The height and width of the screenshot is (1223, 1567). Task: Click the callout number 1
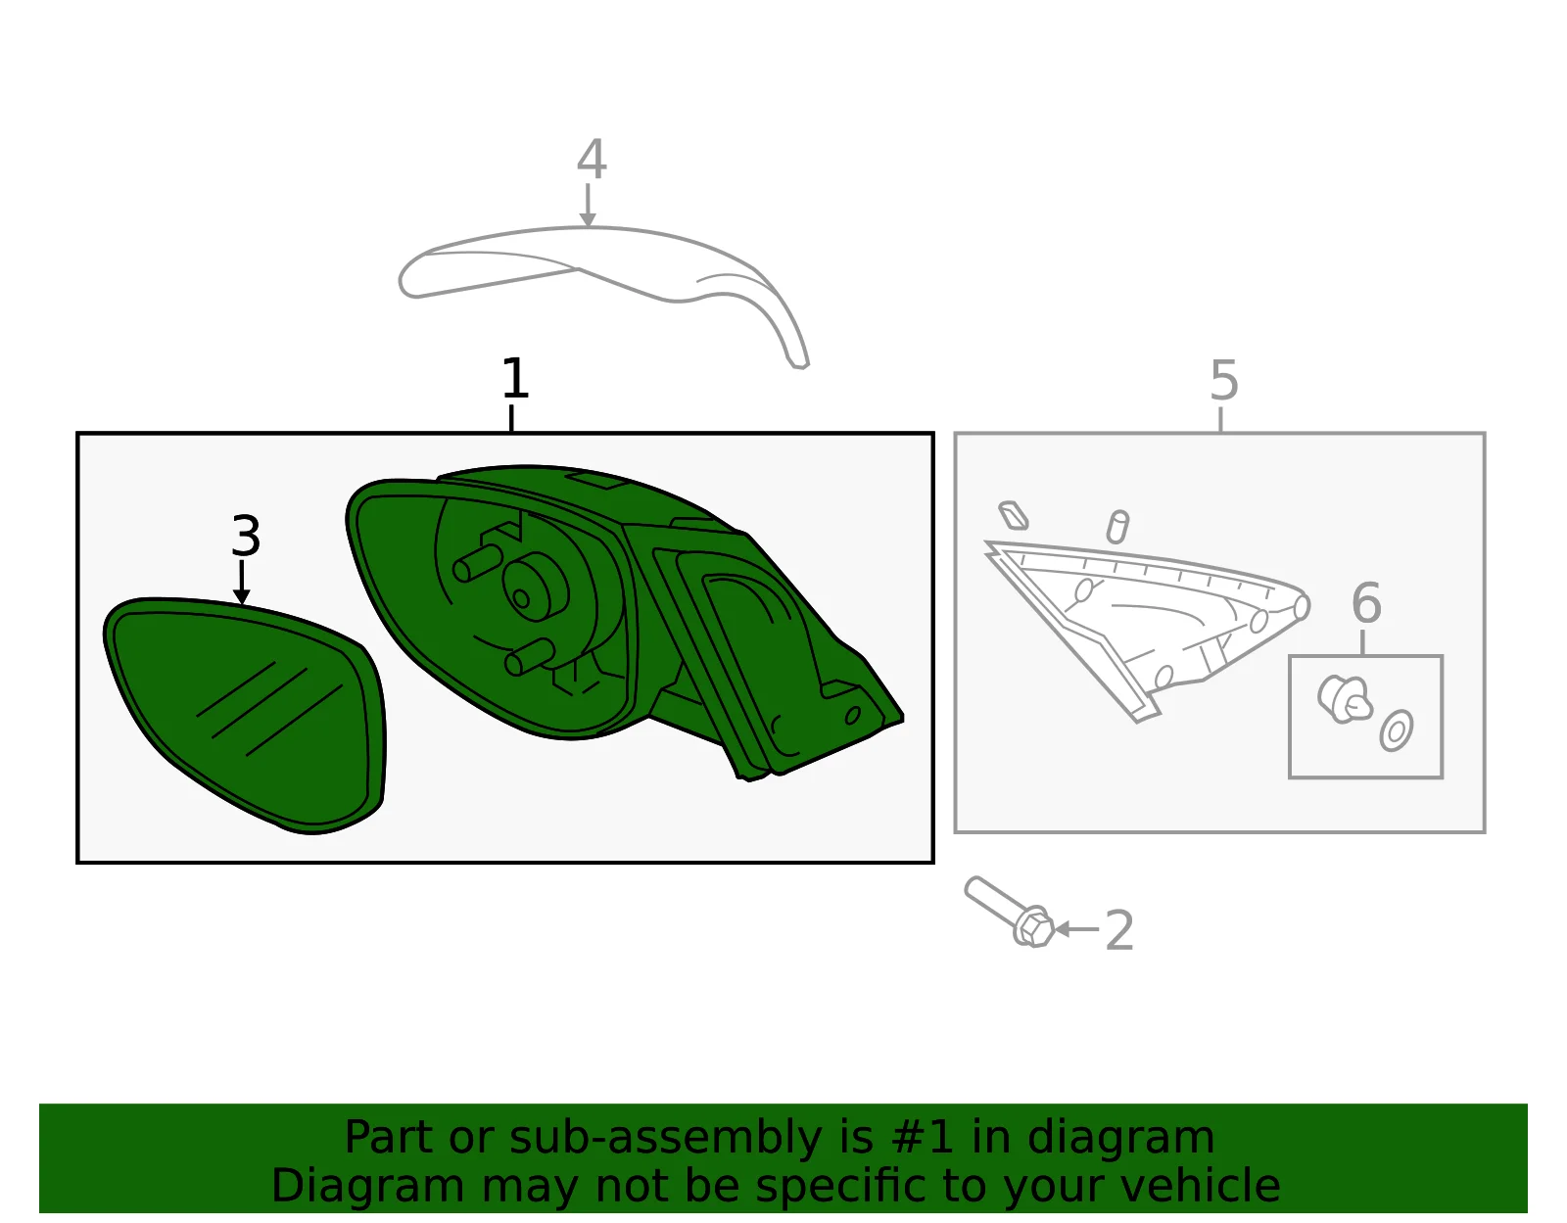click(x=515, y=378)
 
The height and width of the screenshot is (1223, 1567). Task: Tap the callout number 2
click(x=1118, y=930)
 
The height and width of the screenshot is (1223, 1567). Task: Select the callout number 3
click(x=246, y=537)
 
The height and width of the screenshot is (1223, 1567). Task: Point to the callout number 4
click(x=592, y=160)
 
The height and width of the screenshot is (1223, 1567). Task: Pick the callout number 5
click(x=1224, y=381)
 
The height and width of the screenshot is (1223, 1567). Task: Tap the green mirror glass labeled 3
click(x=245, y=714)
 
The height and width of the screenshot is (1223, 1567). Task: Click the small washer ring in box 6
click(x=1396, y=731)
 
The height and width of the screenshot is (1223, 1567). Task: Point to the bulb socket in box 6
click(x=1344, y=700)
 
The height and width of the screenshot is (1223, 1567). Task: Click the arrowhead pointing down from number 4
click(x=588, y=219)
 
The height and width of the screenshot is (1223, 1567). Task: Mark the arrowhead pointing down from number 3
click(x=242, y=596)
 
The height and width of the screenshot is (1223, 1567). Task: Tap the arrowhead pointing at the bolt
click(x=1063, y=929)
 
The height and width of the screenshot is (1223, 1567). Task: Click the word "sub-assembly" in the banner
click(x=665, y=1138)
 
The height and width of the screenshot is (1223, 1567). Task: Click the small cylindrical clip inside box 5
click(x=1117, y=527)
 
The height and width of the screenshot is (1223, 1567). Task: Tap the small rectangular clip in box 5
click(x=1014, y=515)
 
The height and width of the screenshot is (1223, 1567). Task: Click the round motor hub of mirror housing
click(x=535, y=588)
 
